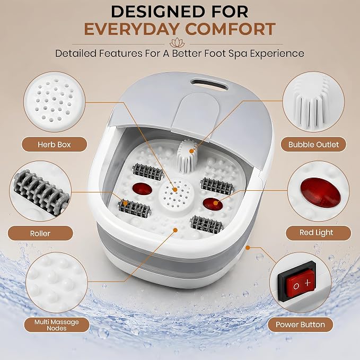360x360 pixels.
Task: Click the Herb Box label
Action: pyautogui.click(x=54, y=144)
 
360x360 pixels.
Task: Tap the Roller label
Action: pyautogui.click(x=40, y=233)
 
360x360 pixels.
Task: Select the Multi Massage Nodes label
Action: pyautogui.click(x=57, y=325)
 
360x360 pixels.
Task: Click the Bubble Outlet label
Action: pyautogui.click(x=313, y=144)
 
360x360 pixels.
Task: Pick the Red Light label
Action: pyautogui.click(x=316, y=232)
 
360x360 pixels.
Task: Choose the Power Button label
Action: pyautogui.click(x=300, y=324)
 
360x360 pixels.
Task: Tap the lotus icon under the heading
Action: pyautogui.click(x=177, y=43)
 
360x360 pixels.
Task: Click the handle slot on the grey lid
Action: pyautogui.click(x=209, y=84)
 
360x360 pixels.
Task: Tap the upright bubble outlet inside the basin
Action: pyautogui.click(x=187, y=156)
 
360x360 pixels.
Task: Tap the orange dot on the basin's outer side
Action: pyautogui.click(x=248, y=248)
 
